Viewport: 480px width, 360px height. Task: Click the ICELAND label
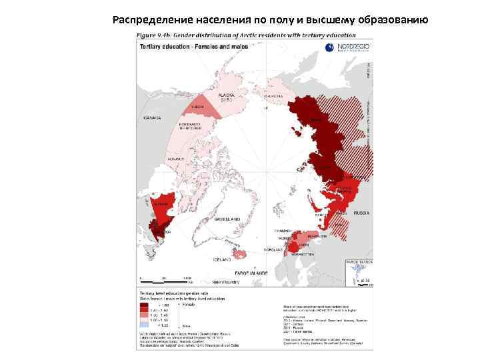[x=222, y=259]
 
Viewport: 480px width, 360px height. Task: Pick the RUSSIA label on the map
[x=361, y=213]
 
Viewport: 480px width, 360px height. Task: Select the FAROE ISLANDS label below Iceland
[x=250, y=273]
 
